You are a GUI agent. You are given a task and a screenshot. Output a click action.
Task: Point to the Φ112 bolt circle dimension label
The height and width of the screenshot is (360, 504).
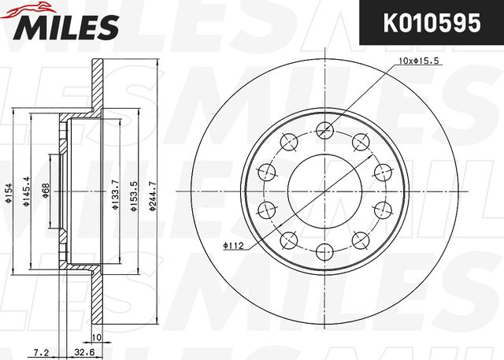pos(233,246)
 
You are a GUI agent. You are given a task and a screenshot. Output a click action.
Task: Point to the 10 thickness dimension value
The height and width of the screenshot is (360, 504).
pos(98,339)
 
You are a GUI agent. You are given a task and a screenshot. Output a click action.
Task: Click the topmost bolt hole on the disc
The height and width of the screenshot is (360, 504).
pos(323,131)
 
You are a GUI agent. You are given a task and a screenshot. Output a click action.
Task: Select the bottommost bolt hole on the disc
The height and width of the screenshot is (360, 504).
pos(323,252)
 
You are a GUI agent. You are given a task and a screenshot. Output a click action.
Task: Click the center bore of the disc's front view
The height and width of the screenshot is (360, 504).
pos(323,191)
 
